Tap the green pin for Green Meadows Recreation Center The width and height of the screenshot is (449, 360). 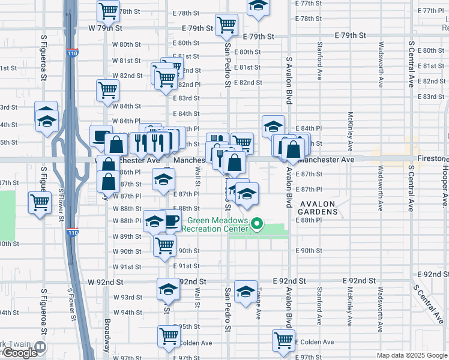pos(257,226)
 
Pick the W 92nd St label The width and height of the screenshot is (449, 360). pos(105,281)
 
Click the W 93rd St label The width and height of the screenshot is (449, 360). pos(127,297)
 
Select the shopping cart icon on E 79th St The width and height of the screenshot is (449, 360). pos(227,25)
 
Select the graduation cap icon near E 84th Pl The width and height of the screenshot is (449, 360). pos(273,126)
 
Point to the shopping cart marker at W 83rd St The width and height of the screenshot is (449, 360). pos(107,90)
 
